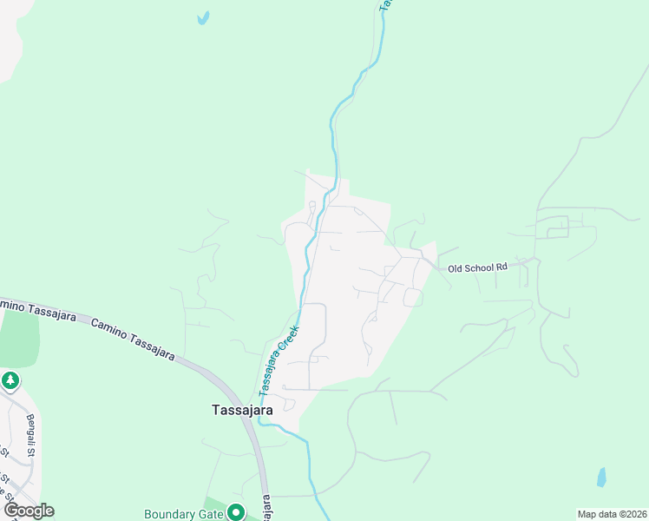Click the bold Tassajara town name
point(243,410)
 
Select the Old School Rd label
point(477,268)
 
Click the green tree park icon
point(10,381)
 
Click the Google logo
point(29,511)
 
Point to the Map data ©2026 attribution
point(612,514)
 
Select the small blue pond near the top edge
point(203,17)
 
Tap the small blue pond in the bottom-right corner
point(601,477)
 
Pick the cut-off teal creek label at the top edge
point(384,5)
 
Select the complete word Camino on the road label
point(108,328)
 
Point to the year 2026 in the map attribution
point(633,514)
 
